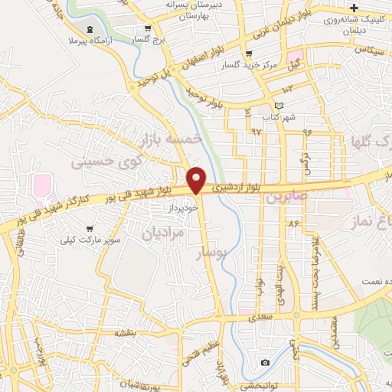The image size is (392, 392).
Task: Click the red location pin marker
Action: click(196, 179)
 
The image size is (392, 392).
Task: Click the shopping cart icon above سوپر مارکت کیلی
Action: click(90, 228)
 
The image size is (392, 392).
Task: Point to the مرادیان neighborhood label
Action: click(162, 233)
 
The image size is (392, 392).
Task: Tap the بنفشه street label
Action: click(126, 332)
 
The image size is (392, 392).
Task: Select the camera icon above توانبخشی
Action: click(265, 362)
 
